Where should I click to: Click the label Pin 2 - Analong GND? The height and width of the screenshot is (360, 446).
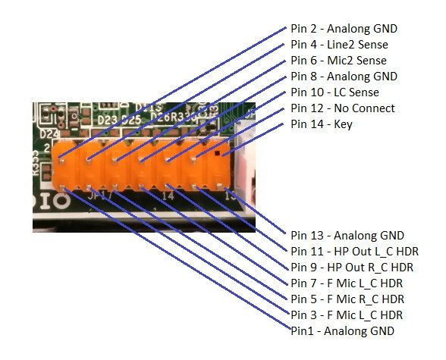(x=344, y=29)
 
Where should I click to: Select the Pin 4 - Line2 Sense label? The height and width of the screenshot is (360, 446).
(x=339, y=45)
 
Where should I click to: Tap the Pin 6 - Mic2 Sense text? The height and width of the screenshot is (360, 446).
(x=338, y=61)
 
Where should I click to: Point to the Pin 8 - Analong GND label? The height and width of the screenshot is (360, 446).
(x=344, y=77)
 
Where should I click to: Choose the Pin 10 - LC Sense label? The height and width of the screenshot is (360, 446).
(x=334, y=92)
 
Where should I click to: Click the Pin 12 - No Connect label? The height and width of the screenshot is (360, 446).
(x=343, y=108)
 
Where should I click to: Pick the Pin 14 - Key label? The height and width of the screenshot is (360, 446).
(x=322, y=124)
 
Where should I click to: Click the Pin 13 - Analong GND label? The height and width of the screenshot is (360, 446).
(x=347, y=236)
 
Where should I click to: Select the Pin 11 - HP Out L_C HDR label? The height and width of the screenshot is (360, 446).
(x=355, y=252)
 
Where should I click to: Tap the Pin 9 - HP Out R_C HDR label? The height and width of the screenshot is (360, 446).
(x=352, y=268)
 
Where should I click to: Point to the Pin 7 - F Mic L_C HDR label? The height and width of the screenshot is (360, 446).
(x=347, y=283)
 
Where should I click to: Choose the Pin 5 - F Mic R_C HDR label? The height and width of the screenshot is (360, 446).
(x=347, y=299)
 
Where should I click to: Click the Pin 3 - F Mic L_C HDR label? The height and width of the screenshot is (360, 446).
(x=347, y=315)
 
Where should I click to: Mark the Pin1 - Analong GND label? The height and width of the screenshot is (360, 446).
(x=343, y=331)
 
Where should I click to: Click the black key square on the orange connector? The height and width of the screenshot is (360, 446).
(x=218, y=153)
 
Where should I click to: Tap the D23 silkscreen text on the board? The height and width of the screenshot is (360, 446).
(x=107, y=121)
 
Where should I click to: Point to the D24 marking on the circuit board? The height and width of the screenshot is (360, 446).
(x=49, y=134)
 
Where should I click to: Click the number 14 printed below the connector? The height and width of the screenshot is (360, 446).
(x=168, y=196)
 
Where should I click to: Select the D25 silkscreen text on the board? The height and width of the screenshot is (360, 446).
(x=131, y=120)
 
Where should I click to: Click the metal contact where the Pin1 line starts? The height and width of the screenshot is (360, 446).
(x=62, y=186)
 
